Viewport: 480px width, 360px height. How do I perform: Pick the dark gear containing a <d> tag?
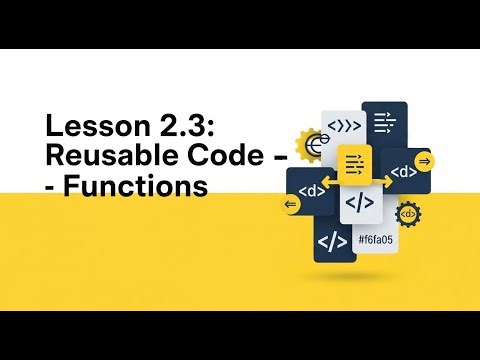(x=408, y=214)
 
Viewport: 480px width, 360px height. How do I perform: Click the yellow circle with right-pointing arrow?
(x=425, y=160)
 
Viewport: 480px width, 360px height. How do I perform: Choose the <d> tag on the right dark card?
(x=403, y=172)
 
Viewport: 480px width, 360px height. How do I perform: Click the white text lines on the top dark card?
(x=384, y=123)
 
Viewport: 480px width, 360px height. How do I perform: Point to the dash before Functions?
(x=53, y=187)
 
